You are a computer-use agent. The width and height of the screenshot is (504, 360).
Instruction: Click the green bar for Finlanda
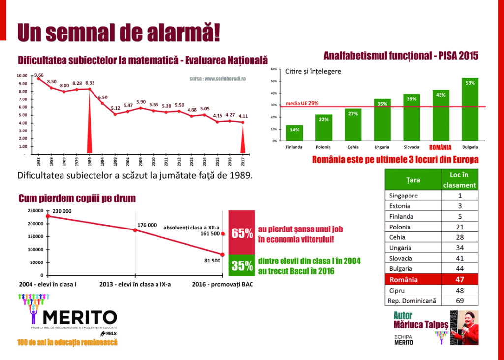click(294, 133)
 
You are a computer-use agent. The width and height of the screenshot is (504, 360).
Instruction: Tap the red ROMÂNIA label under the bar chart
click(440, 147)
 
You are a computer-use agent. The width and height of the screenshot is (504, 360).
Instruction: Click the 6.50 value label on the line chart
click(103, 97)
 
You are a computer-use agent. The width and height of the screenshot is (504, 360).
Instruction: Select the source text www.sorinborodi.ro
click(217, 79)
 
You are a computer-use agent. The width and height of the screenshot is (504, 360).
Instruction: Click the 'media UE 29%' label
click(302, 103)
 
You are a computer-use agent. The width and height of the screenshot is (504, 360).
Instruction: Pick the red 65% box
click(242, 232)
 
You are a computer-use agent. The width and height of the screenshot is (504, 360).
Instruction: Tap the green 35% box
click(242, 265)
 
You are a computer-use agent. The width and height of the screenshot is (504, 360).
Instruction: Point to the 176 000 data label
click(147, 225)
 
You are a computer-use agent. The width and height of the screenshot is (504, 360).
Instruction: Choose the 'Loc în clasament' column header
click(459, 180)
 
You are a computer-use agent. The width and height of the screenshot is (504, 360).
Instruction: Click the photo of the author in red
click(464, 328)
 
